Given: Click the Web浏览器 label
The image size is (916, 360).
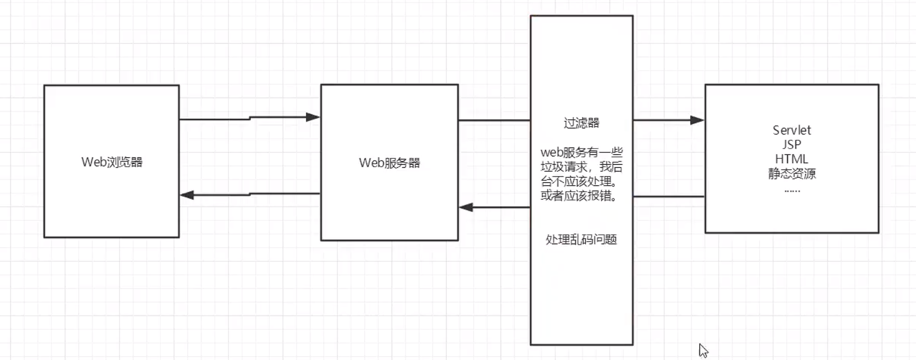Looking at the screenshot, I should click(x=112, y=162).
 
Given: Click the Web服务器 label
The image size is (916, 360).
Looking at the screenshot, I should click(x=389, y=163).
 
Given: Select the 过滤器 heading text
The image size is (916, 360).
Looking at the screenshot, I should click(x=581, y=123).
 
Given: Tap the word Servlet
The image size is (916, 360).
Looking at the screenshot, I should click(x=791, y=130).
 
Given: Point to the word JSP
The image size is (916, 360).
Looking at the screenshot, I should click(x=791, y=144).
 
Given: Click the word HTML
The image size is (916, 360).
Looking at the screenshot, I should click(x=791, y=159).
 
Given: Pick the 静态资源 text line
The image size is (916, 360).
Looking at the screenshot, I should click(x=791, y=174).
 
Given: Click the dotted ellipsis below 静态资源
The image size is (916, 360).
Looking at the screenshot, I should click(x=792, y=191).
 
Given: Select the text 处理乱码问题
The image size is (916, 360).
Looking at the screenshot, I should click(x=581, y=239).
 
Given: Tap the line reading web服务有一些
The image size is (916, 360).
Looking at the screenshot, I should click(x=581, y=152).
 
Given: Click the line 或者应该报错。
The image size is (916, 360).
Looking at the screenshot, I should click(x=579, y=196).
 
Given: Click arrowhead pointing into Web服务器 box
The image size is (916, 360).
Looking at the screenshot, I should click(x=313, y=117).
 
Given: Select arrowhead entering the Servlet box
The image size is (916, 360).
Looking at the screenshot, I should click(x=697, y=120).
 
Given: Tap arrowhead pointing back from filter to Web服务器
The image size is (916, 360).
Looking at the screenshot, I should click(x=466, y=207).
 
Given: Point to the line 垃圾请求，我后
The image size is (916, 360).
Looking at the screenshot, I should click(x=581, y=167).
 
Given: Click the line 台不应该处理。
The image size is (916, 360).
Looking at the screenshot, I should click(x=579, y=181).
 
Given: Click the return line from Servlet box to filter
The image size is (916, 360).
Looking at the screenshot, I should click(x=669, y=197).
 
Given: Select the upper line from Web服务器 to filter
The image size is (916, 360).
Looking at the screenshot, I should click(x=494, y=121).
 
